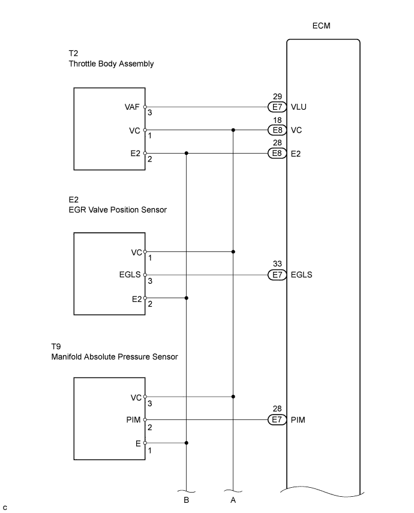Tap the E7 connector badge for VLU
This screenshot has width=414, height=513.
(x=277, y=107)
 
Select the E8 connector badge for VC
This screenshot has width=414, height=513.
(x=277, y=130)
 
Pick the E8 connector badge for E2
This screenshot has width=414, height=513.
(x=277, y=153)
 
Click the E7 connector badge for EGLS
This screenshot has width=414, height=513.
(x=277, y=275)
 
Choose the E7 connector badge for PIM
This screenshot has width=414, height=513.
(x=277, y=419)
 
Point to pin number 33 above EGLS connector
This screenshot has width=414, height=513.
(x=277, y=264)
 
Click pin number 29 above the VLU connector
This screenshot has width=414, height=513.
(x=277, y=96)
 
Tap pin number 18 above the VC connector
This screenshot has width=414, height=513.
(x=277, y=119)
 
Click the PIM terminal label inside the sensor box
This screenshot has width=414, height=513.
(x=134, y=419)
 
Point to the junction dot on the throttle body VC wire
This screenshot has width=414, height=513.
(x=233, y=130)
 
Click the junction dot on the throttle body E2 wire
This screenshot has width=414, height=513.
(x=187, y=153)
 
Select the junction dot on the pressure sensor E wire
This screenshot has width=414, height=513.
(x=187, y=443)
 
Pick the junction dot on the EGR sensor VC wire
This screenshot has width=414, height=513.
(x=233, y=251)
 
